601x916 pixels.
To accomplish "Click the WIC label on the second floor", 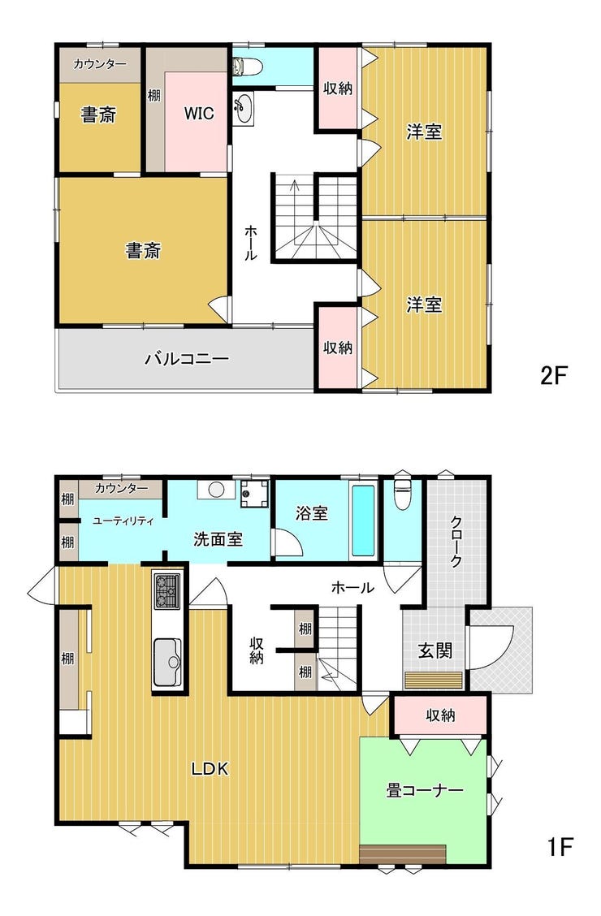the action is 199,114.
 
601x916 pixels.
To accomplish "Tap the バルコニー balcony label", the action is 187,358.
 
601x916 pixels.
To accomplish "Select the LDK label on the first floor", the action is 210,769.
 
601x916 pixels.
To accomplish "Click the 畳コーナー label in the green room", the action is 425,790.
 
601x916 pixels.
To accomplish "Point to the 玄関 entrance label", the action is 435,650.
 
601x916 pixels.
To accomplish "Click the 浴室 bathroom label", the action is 311,513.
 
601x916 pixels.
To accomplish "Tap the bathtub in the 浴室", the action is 363,521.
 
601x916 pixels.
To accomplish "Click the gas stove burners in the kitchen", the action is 167,591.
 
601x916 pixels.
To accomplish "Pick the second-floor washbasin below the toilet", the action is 243,109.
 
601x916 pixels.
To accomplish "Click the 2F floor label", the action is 553,375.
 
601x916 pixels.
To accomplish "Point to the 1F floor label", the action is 560,846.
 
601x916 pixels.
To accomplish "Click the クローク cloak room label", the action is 456,542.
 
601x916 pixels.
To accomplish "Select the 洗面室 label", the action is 218,539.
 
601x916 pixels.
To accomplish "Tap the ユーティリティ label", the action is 123,521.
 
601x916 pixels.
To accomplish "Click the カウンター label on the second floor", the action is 100,64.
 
